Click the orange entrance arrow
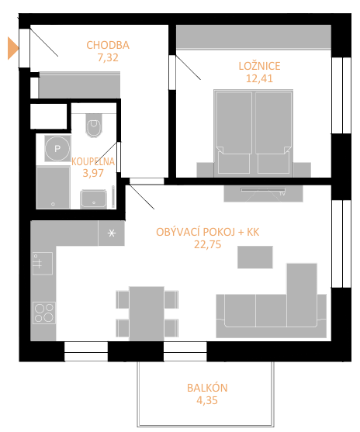[x=12, y=48]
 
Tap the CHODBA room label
[x=108, y=45]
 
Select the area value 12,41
[x=259, y=78]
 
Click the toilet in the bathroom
[x=94, y=126]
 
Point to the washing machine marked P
[x=57, y=148]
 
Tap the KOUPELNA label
[x=93, y=161]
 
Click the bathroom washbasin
[x=93, y=199]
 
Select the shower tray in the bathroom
[x=54, y=187]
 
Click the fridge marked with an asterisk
[x=112, y=233]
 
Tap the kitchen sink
[x=43, y=264]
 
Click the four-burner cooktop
[x=44, y=313]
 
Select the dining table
[x=147, y=313]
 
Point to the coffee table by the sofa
[x=255, y=257]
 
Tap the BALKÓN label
[x=207, y=388]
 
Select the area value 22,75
[x=208, y=244]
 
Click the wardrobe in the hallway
[x=79, y=85]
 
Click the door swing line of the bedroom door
[x=189, y=67]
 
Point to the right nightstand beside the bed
[x=302, y=170]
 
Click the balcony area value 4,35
[x=207, y=400]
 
